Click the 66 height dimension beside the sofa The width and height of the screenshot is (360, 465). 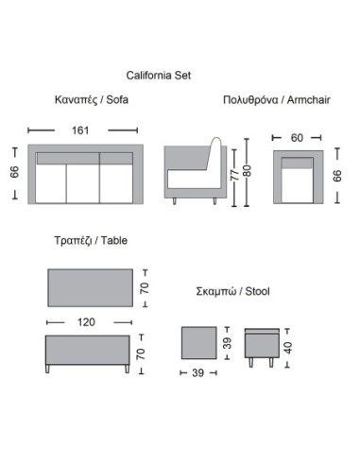pyautogui.click(x=14, y=171)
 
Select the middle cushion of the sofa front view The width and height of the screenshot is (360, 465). pyautogui.click(x=86, y=180)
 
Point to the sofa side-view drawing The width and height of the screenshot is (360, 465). pyautogui.click(x=194, y=174)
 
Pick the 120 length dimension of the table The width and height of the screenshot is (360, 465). pyautogui.click(x=86, y=321)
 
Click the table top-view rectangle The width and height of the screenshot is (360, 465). pyautogui.click(x=86, y=284)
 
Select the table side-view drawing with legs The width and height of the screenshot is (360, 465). pyautogui.click(x=86, y=354)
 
